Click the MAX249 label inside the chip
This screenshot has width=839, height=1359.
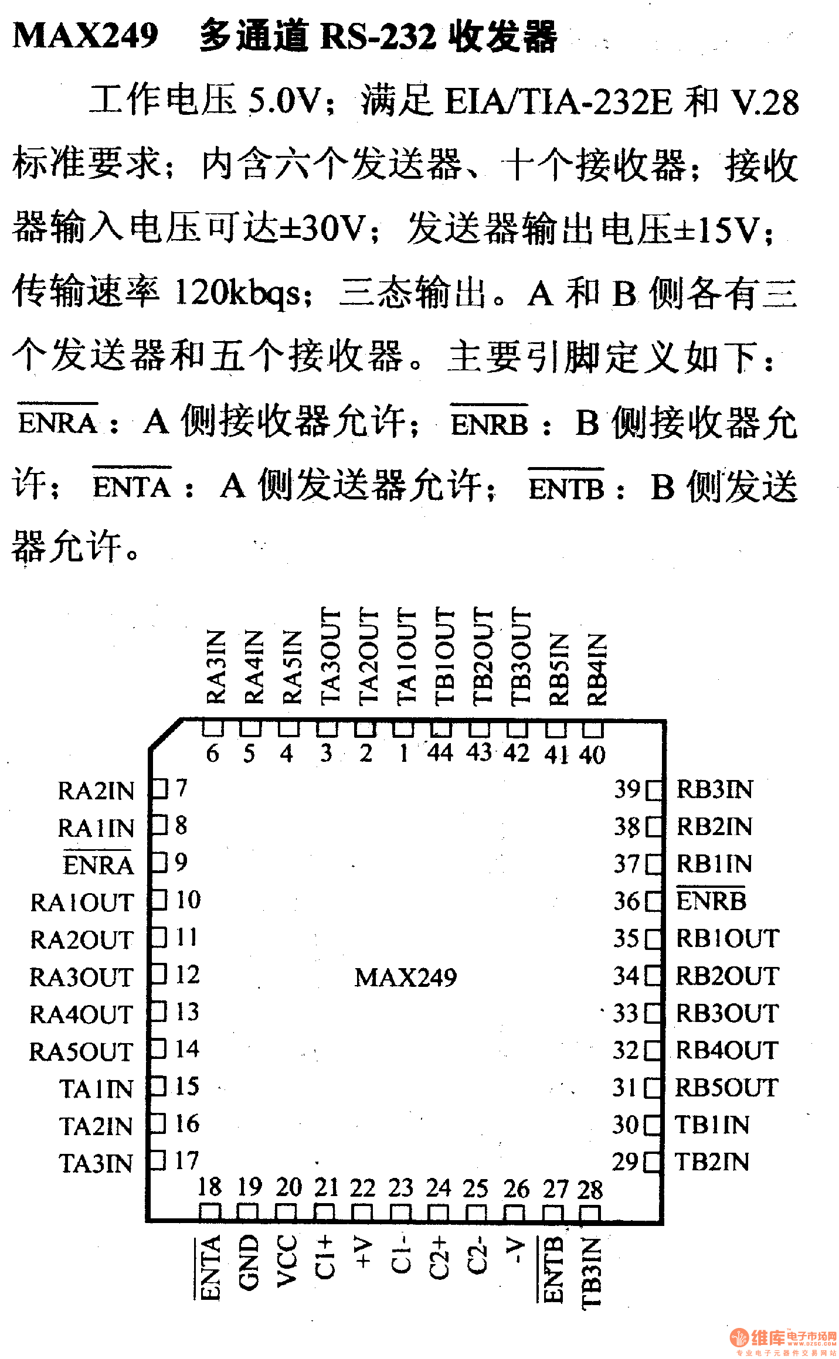coord(405,977)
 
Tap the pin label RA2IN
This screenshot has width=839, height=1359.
coord(96,791)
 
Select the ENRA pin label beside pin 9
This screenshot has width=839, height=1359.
coord(98,866)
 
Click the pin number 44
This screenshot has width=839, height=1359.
coord(440,752)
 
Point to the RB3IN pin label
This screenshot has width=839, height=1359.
coord(715,790)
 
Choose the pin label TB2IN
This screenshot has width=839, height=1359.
coord(712,1163)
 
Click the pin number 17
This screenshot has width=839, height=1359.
coord(187,1161)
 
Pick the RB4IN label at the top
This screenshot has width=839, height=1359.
coord(596,670)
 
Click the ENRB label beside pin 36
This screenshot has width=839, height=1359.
coord(711,901)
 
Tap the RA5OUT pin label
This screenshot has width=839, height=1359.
coord(81,1052)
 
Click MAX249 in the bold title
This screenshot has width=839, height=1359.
coord(86,36)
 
